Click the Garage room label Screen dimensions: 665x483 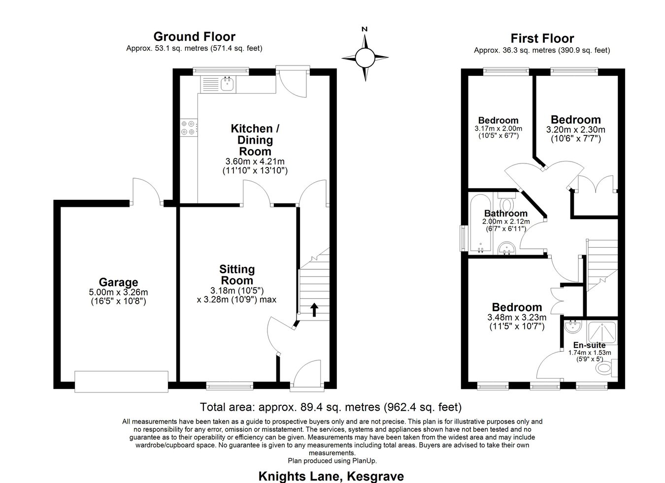click(118, 282)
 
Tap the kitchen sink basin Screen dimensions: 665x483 click(228, 84)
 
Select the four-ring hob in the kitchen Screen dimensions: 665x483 click(188, 128)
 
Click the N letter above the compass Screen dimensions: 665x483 click(365, 29)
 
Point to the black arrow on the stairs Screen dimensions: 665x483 click(314, 310)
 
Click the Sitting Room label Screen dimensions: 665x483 click(237, 275)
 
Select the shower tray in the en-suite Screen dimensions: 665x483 click(602, 332)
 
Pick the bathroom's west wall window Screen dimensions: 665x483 click(463, 238)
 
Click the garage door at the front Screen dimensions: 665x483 click(121, 382)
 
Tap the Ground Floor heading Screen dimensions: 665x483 click(195, 37)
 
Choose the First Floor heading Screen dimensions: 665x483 click(542, 38)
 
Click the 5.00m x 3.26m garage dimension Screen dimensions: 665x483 click(118, 292)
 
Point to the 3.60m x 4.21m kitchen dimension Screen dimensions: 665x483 click(255, 161)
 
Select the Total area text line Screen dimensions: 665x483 click(331, 407)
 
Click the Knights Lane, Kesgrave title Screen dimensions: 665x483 click(331, 476)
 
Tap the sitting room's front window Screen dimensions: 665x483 click(230, 386)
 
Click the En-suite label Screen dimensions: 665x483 click(589, 345)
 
